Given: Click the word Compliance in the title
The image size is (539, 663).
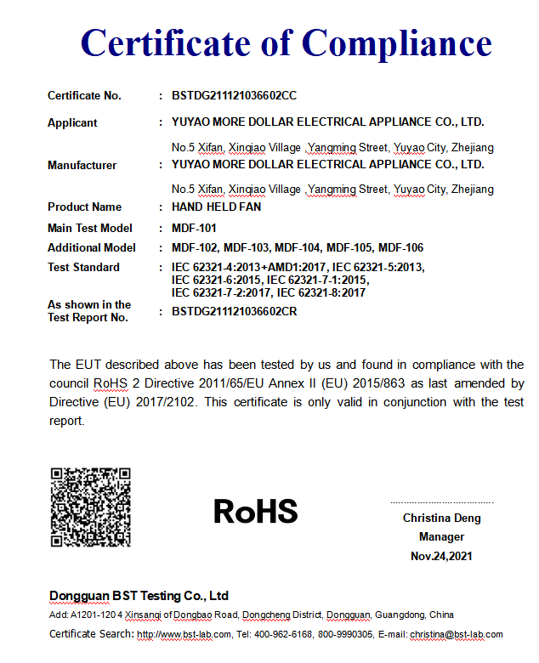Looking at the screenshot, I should click(x=396, y=42).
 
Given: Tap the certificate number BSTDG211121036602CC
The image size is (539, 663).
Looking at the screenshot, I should click(x=234, y=96).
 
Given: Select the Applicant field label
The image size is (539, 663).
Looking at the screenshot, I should click(x=72, y=122).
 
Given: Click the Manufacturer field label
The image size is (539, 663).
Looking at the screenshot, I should click(x=82, y=165).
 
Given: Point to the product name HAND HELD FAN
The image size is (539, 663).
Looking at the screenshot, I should click(x=216, y=207).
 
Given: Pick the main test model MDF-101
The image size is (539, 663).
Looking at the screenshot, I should click(x=194, y=228).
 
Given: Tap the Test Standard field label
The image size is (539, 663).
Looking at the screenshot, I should click(x=83, y=268).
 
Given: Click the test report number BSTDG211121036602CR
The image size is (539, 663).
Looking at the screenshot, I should click(x=234, y=311).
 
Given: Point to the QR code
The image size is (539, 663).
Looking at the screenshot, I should click(x=90, y=507).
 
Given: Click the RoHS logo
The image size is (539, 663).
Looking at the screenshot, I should click(x=255, y=511).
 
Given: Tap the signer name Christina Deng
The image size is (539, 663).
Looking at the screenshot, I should click(x=441, y=518).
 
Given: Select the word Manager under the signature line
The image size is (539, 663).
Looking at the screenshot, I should click(x=441, y=537).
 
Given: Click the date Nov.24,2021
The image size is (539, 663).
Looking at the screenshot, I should click(x=441, y=556).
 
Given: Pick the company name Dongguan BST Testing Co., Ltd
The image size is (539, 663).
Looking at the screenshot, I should click(x=139, y=596).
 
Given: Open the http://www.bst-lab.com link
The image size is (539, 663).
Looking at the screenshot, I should click(x=184, y=634).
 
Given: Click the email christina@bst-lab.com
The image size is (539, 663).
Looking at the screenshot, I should click(x=457, y=634).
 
